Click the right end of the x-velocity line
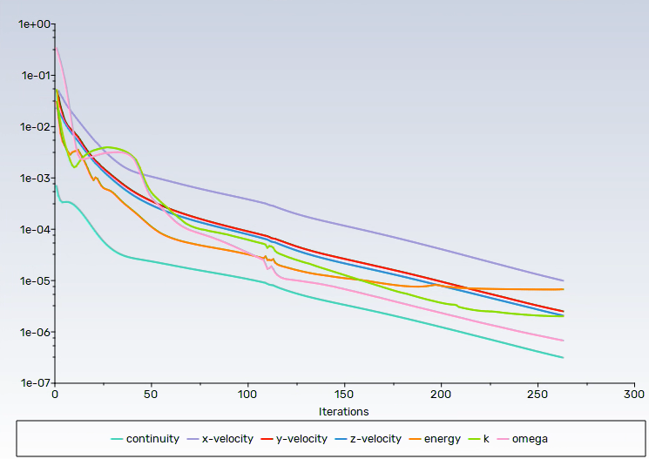tap(564, 280)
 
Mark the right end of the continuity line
tap(564, 358)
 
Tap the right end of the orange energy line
tap(564, 289)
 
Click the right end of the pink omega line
tap(564, 341)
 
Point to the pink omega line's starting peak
tap(57, 48)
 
